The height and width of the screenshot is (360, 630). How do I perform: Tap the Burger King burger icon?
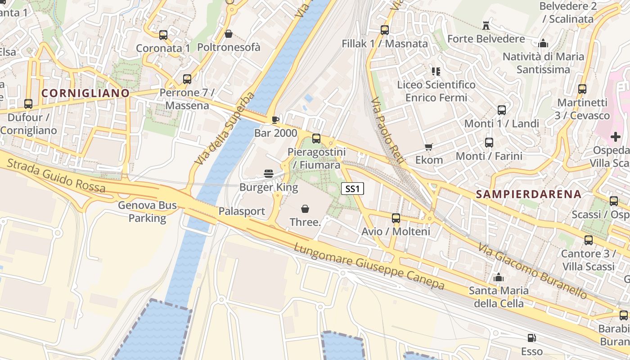pos(269,174)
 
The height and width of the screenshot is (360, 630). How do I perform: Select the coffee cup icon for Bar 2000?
pos(275,119)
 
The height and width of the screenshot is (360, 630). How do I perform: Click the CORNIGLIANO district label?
pos(85,93)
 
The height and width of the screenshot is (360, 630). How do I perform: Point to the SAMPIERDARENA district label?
pos(529,194)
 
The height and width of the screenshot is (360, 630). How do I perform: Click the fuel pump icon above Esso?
pos(531,337)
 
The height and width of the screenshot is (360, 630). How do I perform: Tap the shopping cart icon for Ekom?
pos(428,147)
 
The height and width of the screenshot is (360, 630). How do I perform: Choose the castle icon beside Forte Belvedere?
pos(486,25)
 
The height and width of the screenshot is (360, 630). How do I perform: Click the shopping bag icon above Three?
pos(305,208)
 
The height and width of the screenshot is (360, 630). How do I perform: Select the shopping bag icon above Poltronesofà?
pos(229,34)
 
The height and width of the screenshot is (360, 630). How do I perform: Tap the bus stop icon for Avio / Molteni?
pos(396,218)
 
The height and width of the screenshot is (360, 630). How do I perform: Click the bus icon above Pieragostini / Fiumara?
pos(316,139)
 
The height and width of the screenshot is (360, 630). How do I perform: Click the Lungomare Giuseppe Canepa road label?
pos(369,267)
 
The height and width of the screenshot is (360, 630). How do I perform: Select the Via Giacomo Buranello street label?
pos(533,271)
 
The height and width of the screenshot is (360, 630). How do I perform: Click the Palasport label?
pos(242,211)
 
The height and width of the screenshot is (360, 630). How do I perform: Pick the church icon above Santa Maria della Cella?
pos(499,278)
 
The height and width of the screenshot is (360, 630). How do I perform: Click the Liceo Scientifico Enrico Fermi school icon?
pos(436,71)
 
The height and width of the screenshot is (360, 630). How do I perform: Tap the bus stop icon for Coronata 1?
pos(163,35)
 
